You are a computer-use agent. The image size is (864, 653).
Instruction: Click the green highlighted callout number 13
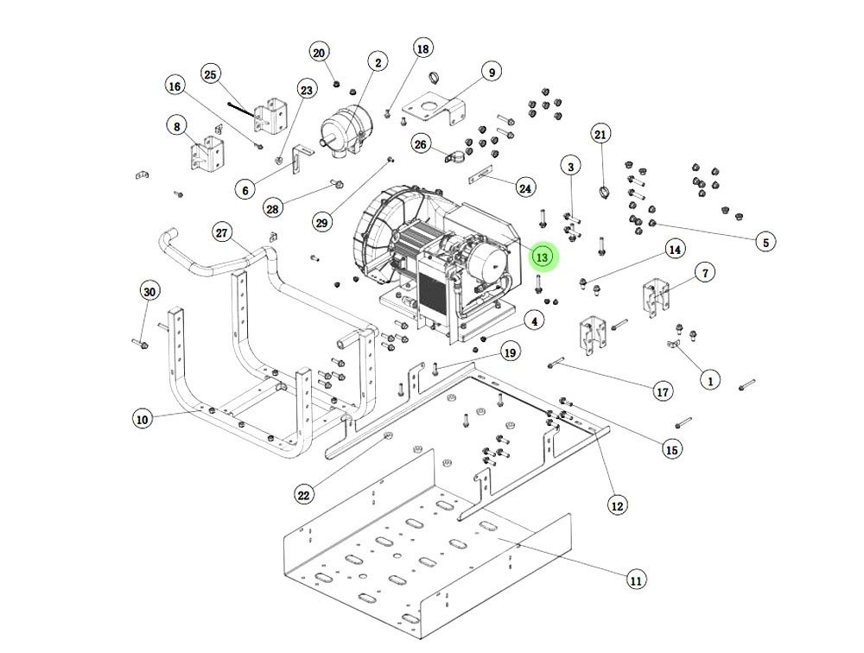543,257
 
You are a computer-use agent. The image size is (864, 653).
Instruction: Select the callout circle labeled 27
223,232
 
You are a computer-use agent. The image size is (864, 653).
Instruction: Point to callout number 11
636,580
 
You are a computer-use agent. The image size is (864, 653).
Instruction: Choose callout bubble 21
600,134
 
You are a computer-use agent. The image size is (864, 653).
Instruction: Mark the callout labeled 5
765,243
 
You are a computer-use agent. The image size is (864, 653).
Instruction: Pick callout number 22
303,495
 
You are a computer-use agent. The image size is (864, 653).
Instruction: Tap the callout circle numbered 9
491,73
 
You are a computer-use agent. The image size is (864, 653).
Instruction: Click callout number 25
210,74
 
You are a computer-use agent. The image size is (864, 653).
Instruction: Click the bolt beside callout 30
139,345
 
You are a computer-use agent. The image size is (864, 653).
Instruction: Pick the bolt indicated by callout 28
336,183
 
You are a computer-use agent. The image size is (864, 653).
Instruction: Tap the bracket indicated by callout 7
659,297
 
